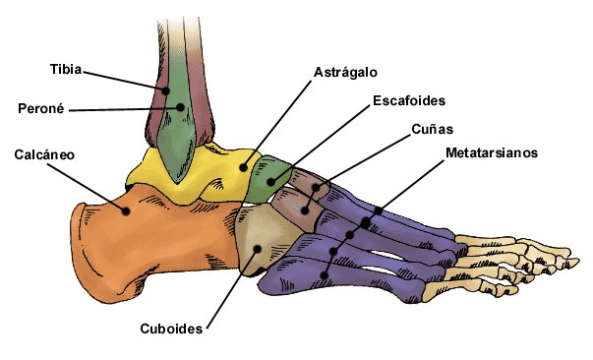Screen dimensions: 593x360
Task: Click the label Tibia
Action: coord(66,69)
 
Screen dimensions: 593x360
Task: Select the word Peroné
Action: coord(41,108)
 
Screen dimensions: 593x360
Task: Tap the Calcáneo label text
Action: coord(44,154)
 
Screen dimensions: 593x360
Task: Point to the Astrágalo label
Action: coord(345,72)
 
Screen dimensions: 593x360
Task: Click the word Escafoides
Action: coord(409,100)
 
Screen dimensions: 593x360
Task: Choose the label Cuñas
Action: coord(433,129)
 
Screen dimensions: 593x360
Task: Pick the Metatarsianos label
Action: coord(492,152)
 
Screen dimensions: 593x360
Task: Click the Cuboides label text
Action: coord(171,329)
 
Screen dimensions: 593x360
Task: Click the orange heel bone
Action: coord(151,242)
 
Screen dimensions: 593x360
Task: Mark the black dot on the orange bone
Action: coord(126,211)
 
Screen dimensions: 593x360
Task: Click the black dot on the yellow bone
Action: coord(244,167)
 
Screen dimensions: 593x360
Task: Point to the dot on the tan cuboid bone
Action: coord(258,249)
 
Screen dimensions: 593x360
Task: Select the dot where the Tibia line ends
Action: coord(165,90)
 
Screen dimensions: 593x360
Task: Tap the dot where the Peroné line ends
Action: coord(180,107)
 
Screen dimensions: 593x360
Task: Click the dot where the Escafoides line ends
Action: coord(270,182)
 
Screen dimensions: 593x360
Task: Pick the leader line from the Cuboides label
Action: coord(232,289)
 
